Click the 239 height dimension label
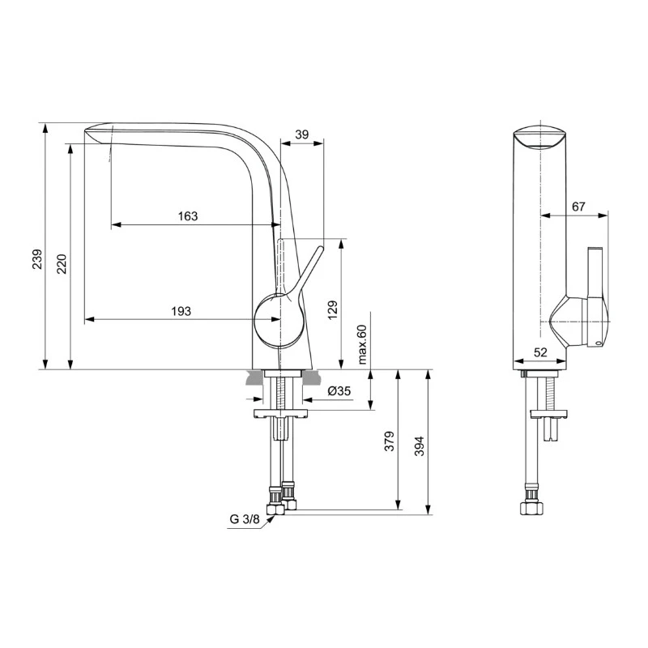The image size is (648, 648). pos(37,259)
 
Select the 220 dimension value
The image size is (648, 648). pos(62,264)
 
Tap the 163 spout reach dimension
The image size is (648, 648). pos(188,216)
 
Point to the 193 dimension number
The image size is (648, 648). pos(181,311)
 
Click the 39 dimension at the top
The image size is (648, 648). pos(302,134)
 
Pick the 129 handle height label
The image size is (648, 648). pos(333,309)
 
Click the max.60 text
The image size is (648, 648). pos(362,344)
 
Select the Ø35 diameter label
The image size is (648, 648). pos(339,391)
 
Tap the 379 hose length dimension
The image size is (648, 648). pos(390,441)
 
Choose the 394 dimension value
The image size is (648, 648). pos(420,446)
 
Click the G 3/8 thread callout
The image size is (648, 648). pos(245,519)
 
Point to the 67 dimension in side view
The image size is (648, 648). pos(578,207)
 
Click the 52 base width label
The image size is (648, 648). pos(540,352)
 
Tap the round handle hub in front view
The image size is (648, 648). pos(278,319)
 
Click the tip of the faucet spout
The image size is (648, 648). pos(85,130)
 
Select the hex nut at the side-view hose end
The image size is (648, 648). pos(531,509)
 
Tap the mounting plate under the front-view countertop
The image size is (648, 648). pos(281,413)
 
